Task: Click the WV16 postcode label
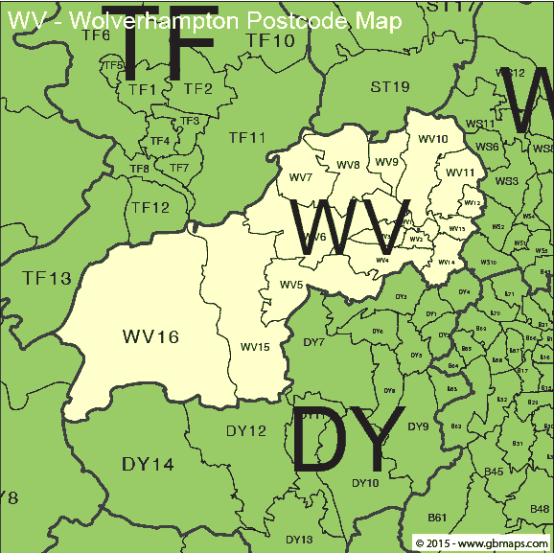tap(151, 336)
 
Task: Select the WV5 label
tap(291, 285)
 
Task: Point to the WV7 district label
tap(300, 178)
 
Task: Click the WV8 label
tap(348, 165)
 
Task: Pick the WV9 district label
tap(386, 162)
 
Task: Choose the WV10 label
tap(433, 139)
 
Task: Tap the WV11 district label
tap(460, 173)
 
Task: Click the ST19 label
tap(390, 87)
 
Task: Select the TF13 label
tap(47, 279)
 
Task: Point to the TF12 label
tap(150, 207)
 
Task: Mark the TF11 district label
tap(246, 138)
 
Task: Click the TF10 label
tap(269, 40)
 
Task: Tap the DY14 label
tap(148, 465)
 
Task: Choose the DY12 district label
tap(246, 431)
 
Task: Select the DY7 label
tap(313, 342)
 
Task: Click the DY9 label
tap(418, 426)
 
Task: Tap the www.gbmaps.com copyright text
tap(482, 543)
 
